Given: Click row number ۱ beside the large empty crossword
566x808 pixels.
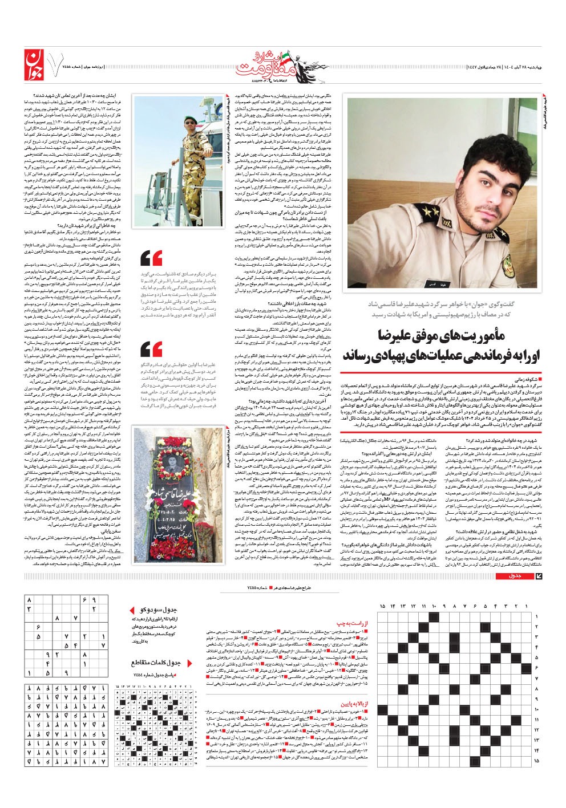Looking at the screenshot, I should click(536, 616).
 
